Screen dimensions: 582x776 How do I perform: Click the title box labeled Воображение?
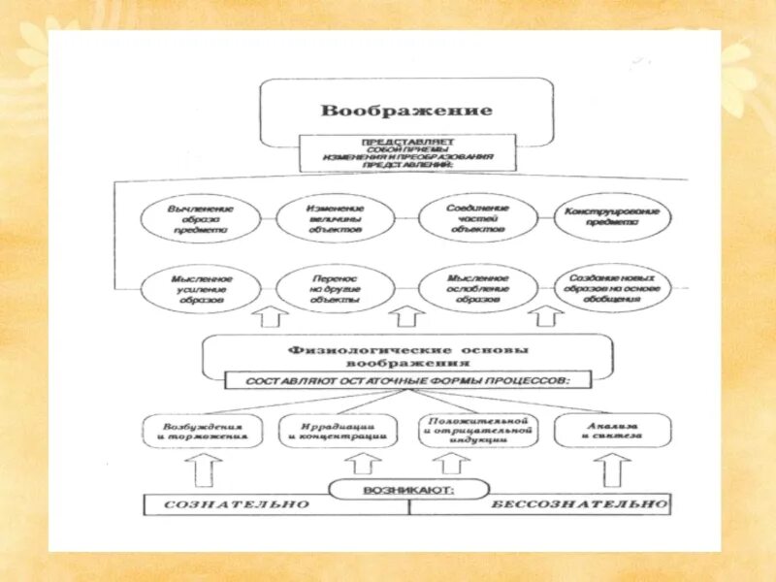pyautogui.click(x=406, y=110)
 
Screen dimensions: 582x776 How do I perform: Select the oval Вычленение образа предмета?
pyautogui.click(x=200, y=220)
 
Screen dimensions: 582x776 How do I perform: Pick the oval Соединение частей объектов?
pyautogui.click(x=476, y=218)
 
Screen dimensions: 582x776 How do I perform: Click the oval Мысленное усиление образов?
pyautogui.click(x=200, y=288)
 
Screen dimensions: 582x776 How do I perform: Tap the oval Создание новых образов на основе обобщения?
pyautogui.click(x=613, y=286)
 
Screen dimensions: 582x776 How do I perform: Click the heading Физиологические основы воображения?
pyautogui.click(x=407, y=356)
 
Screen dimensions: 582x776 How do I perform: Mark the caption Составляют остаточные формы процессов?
pyautogui.click(x=407, y=380)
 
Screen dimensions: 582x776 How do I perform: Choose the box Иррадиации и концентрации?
pyautogui.click(x=339, y=431)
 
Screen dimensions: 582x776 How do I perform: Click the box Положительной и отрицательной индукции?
pyautogui.click(x=476, y=430)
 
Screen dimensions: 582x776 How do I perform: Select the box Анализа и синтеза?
pyautogui.click(x=611, y=431)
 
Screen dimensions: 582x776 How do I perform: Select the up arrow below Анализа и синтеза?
pyautogui.click(x=611, y=469)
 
